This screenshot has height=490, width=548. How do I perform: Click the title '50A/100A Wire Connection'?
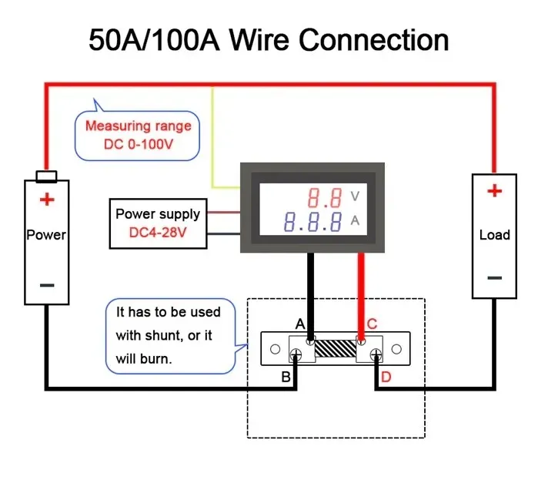[x=269, y=39]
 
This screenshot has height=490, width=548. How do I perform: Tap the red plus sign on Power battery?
[x=48, y=200]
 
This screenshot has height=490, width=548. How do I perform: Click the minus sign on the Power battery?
[x=47, y=285]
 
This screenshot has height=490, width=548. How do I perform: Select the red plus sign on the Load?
[x=494, y=190]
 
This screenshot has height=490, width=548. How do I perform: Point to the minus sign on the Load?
[x=494, y=277]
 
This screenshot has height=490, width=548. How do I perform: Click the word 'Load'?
[x=494, y=235]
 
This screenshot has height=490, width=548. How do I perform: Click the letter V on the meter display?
[x=355, y=196]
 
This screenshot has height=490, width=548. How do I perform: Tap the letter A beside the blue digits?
[x=355, y=222]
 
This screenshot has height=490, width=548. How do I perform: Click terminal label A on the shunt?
[x=301, y=324]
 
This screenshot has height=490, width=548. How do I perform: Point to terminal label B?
[x=286, y=377]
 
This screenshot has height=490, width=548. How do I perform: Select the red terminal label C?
[x=371, y=324]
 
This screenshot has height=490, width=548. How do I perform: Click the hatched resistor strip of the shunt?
[x=335, y=349]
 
